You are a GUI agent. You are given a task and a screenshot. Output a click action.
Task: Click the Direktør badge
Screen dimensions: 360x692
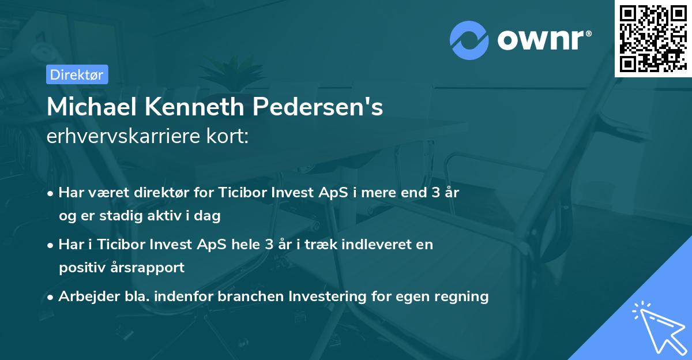tap(77, 75)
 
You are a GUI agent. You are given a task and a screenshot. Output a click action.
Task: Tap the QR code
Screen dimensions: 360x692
tap(653, 38)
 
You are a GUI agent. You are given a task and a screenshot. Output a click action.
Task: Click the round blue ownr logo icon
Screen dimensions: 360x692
tap(469, 40)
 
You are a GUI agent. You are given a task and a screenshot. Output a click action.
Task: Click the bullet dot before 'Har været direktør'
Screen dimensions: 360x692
tap(51, 193)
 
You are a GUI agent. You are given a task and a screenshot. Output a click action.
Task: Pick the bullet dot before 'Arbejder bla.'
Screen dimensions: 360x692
tap(51, 297)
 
